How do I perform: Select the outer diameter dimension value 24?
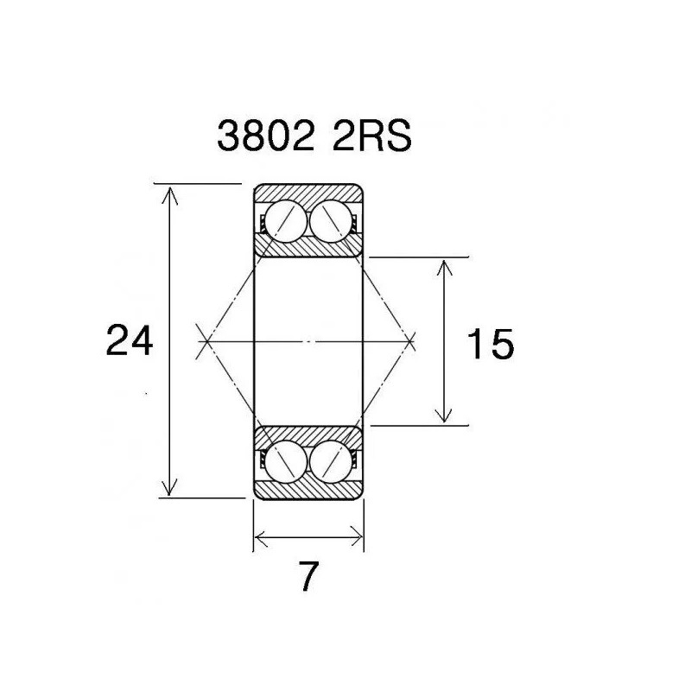[129, 340]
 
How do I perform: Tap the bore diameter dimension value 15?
[489, 345]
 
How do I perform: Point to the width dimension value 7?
[307, 577]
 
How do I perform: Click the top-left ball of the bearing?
[284, 222]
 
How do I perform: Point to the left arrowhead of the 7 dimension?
[259, 541]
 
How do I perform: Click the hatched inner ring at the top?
[307, 248]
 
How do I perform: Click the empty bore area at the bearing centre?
[307, 342]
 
